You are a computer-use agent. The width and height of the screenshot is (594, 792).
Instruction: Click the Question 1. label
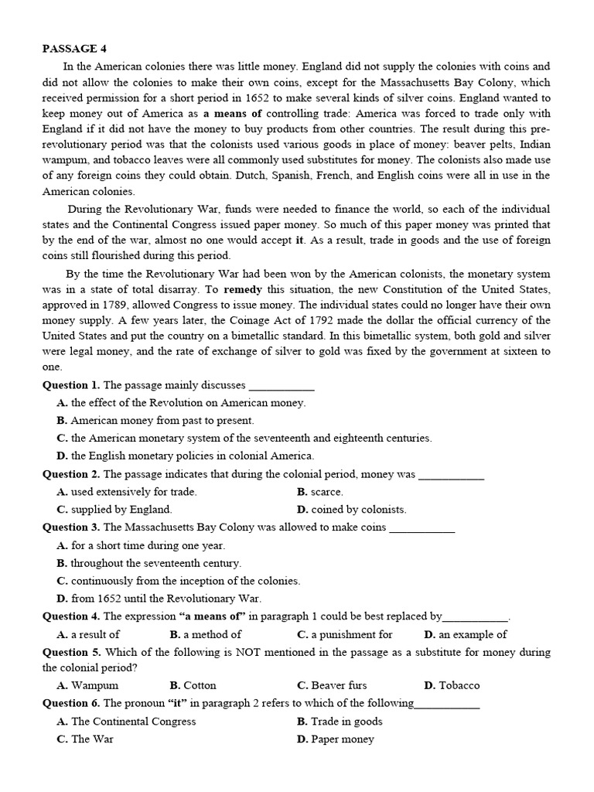pos(71,384)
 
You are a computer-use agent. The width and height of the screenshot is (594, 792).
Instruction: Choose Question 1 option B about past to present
pos(155,420)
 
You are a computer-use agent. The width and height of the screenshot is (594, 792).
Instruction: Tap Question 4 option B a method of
pos(205,634)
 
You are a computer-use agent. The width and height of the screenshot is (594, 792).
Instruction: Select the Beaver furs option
pos(332,684)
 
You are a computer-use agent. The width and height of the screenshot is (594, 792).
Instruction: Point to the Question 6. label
pos(71,702)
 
